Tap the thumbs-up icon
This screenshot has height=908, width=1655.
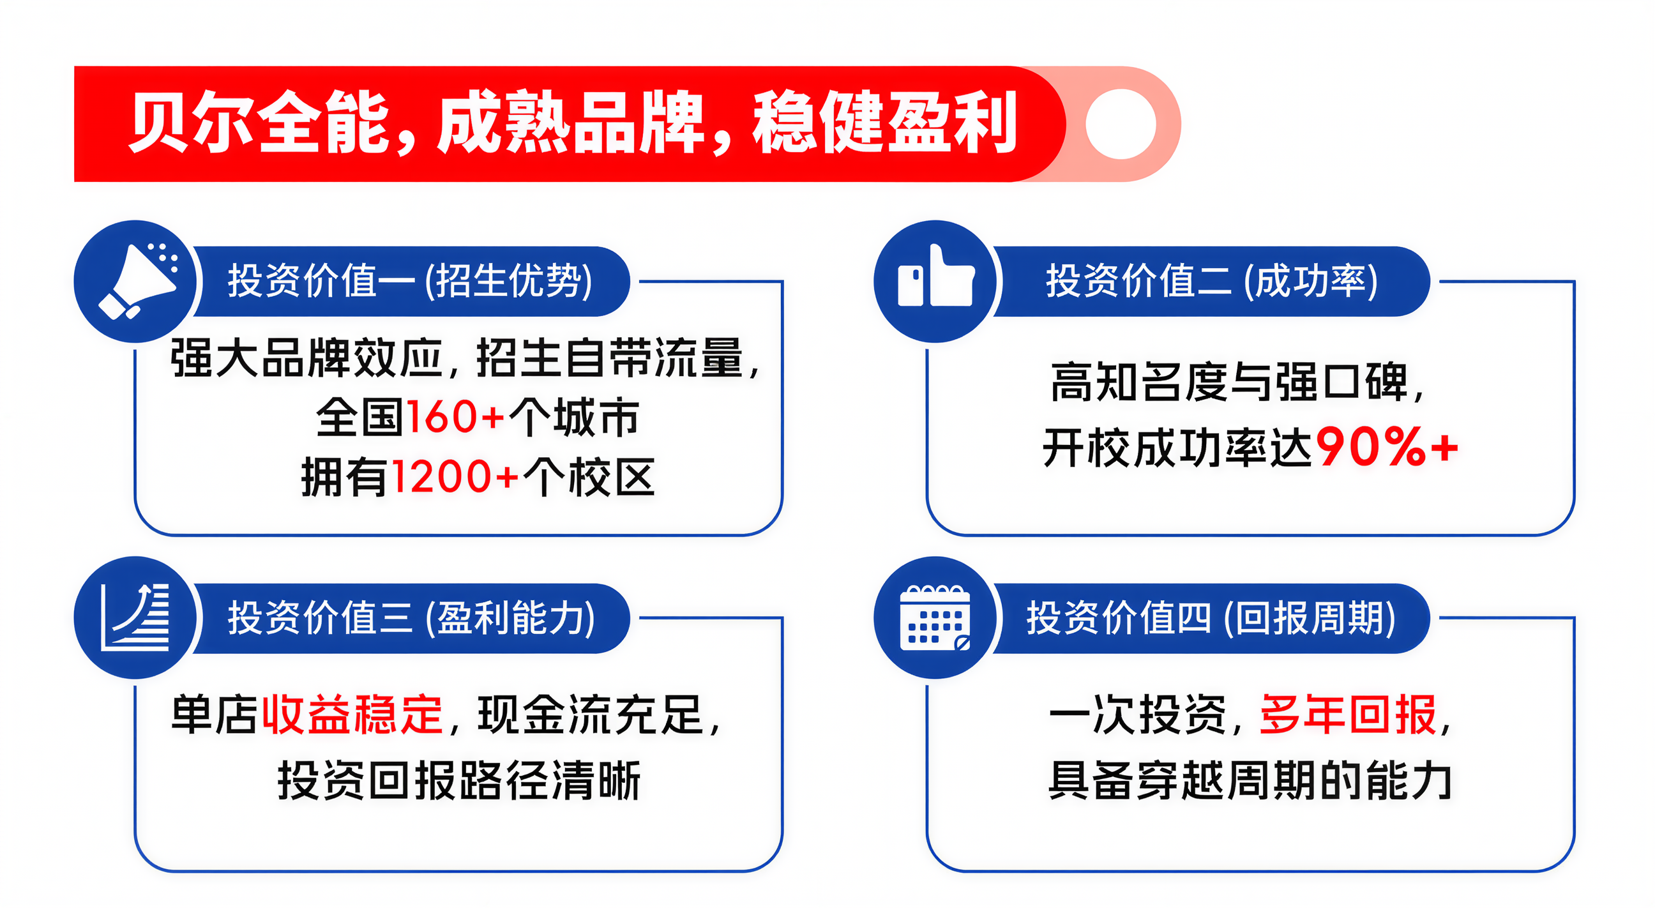click(935, 280)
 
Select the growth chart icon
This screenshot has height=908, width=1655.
click(135, 617)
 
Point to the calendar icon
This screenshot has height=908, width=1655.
click(935, 617)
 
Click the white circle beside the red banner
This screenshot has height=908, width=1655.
click(1121, 123)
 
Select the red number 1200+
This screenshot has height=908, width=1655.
click(455, 477)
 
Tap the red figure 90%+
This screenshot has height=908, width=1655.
click(1386, 446)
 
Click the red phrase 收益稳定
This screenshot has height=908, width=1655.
click(352, 715)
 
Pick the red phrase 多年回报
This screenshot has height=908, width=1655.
click(1348, 715)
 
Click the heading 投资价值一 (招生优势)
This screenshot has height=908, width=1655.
click(410, 281)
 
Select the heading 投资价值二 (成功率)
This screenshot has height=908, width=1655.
click(1212, 281)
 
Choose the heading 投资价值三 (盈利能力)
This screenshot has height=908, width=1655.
click(411, 617)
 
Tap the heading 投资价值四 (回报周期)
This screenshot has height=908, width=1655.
click(1211, 617)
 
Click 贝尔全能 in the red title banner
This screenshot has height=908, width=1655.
click(261, 122)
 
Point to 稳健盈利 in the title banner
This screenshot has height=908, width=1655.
click(886, 122)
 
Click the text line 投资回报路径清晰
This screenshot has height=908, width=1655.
click(458, 780)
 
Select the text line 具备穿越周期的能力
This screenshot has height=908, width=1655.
click(1250, 780)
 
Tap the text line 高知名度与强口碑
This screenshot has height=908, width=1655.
click(1230, 382)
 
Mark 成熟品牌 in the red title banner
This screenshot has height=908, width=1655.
click(571, 122)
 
